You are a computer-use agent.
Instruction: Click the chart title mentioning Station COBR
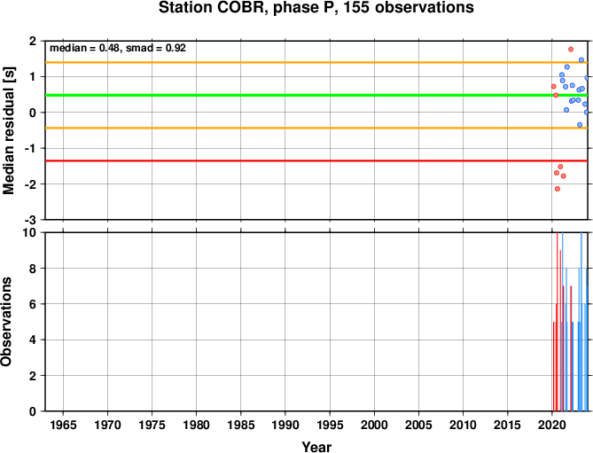tap(316, 8)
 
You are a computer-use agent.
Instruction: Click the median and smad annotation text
tap(118, 48)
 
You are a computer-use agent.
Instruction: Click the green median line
tap(316, 95)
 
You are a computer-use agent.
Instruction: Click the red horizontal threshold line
tap(316, 160)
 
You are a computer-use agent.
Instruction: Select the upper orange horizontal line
tap(316, 62)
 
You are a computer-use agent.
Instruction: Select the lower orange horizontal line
tap(316, 129)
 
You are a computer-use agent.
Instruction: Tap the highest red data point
tap(571, 49)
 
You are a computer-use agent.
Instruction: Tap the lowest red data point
tap(557, 189)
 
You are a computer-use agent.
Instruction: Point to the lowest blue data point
tap(580, 125)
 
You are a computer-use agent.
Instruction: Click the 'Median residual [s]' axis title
tap(8, 130)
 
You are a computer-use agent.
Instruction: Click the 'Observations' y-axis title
tap(6, 322)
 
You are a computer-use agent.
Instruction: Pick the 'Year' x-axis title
tap(316, 447)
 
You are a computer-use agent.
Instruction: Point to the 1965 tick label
tap(63, 425)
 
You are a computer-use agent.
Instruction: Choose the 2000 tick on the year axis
tap(374, 425)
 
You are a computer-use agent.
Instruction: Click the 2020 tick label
tap(551, 425)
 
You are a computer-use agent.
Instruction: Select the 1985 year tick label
tap(241, 425)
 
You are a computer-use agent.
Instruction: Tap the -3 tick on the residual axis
tap(32, 220)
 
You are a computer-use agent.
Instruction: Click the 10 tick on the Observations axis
tap(31, 232)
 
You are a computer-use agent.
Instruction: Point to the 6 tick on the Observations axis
tap(35, 304)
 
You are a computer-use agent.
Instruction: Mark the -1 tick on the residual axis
tap(32, 149)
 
